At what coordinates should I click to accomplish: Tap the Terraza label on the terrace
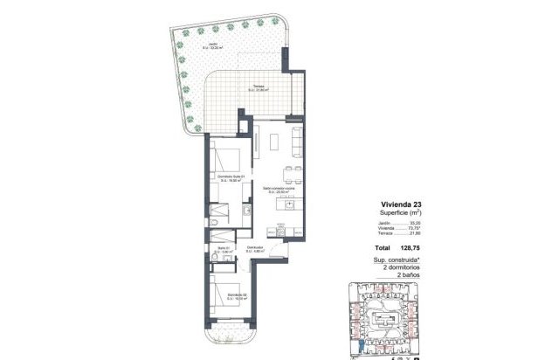259,86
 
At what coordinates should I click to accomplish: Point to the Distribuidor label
256,248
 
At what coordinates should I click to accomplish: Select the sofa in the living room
296,139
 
